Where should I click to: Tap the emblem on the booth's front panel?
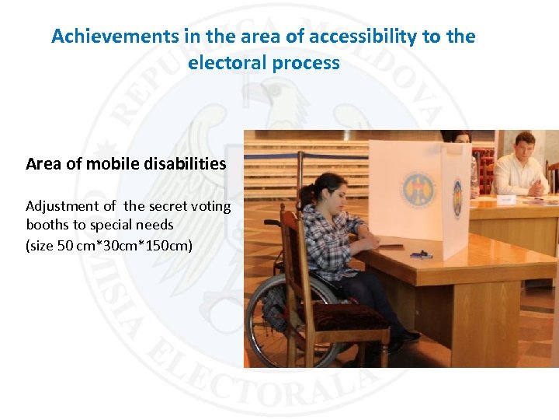click(413, 190)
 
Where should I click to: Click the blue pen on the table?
click(421, 254)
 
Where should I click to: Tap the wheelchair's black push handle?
click(272, 222)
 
